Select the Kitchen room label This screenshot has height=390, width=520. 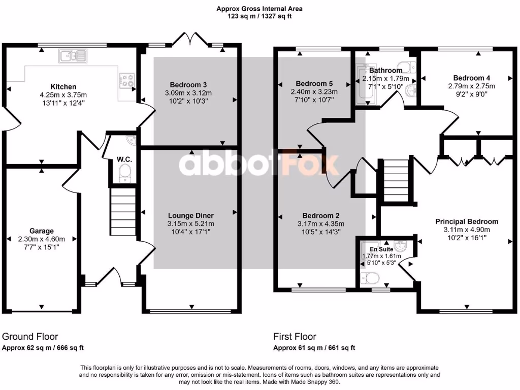[63, 87]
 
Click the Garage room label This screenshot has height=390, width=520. [42, 231]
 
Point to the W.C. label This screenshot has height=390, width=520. [124, 159]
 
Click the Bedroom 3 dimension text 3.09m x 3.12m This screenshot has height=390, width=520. [188, 93]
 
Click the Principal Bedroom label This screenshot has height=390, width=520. [467, 221]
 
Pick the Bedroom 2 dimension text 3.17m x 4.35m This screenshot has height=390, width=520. [320, 224]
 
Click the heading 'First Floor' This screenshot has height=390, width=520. [295, 337]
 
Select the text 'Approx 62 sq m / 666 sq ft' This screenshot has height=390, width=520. [43, 348]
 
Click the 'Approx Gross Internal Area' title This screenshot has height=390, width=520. [259, 9]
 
